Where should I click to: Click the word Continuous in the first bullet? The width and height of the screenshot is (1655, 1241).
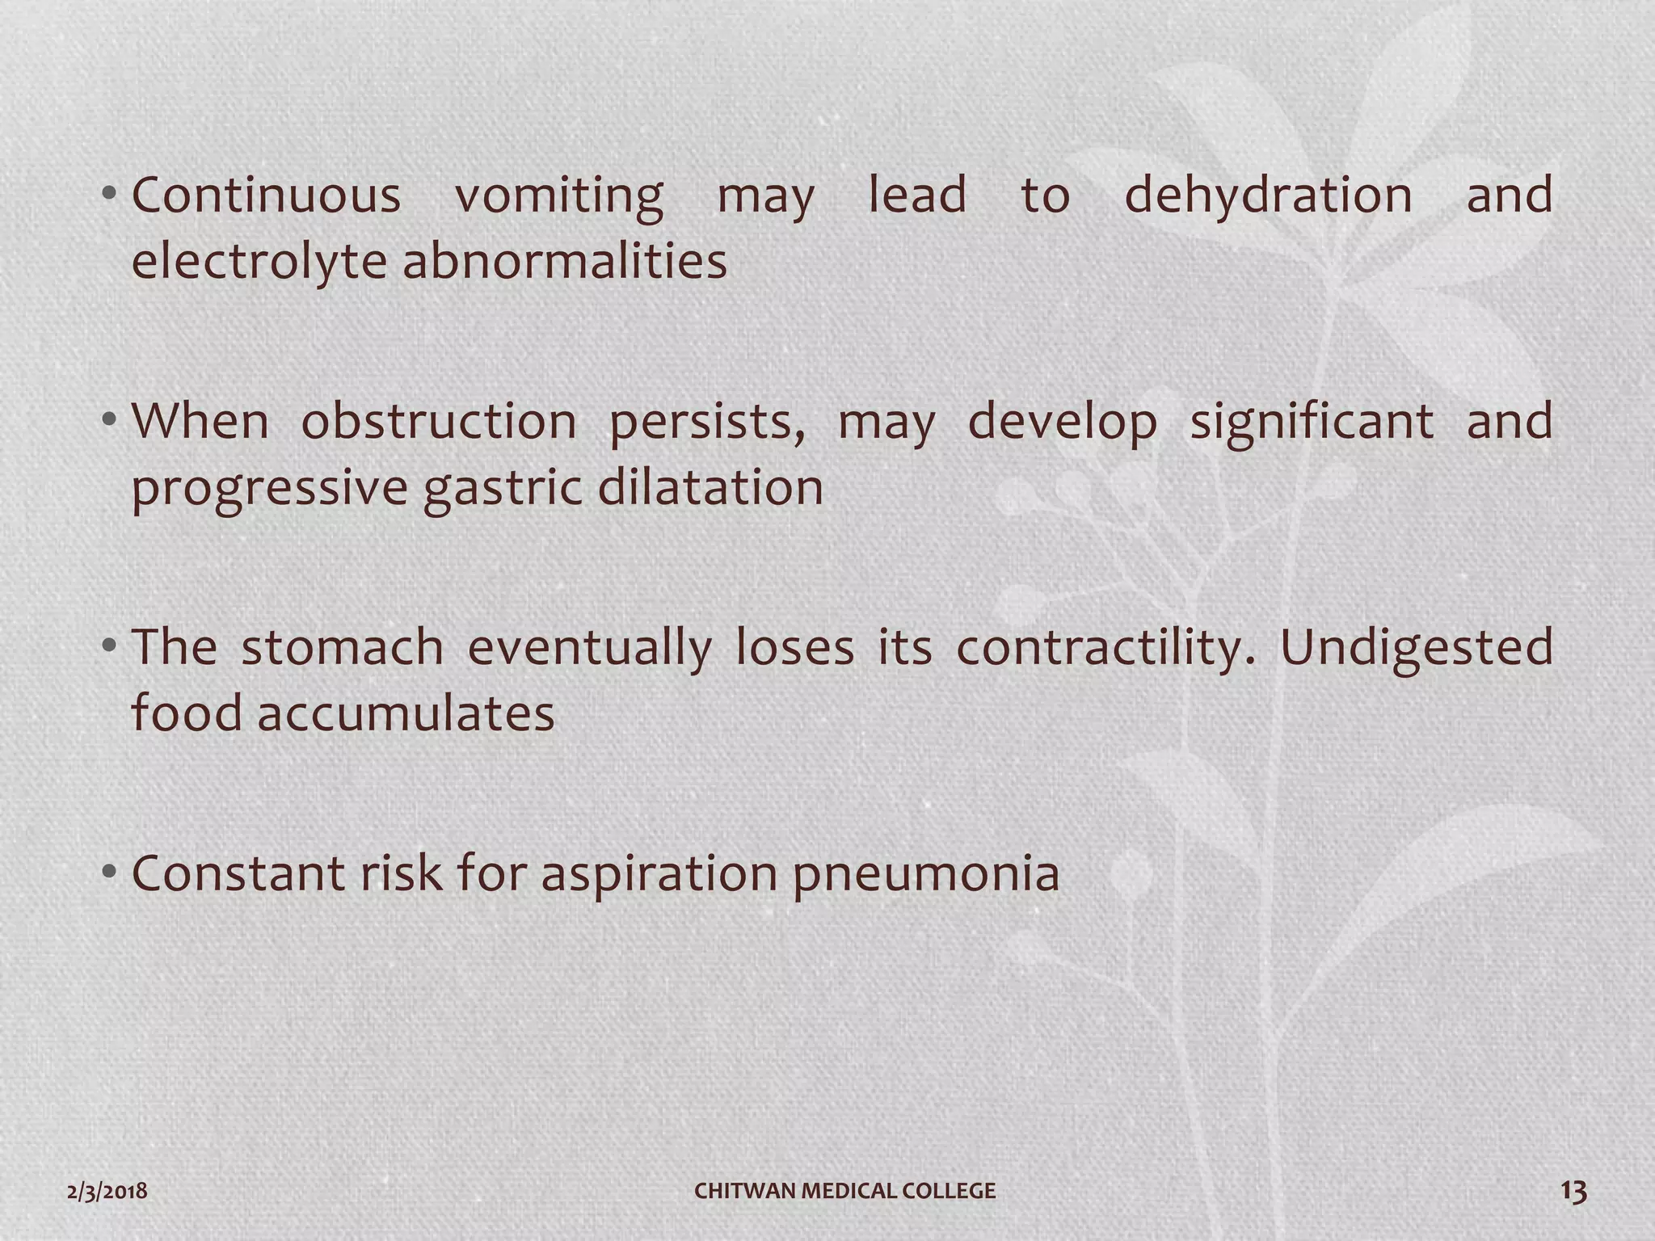[x=266, y=196]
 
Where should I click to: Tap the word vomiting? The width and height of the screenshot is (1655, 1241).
[x=558, y=197]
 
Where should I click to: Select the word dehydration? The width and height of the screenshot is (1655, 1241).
[x=1268, y=196]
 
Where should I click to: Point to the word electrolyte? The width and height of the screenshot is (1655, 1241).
[x=259, y=262]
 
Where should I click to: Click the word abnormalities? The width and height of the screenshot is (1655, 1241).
[x=565, y=262]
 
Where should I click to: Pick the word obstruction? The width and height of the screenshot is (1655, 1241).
[x=439, y=422]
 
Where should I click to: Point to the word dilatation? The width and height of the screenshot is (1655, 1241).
[x=710, y=488]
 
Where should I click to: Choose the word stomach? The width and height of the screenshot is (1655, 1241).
[x=343, y=648]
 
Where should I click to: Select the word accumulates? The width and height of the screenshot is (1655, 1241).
[x=406, y=714]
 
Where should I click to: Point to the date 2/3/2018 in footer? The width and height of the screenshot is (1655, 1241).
[x=107, y=1191]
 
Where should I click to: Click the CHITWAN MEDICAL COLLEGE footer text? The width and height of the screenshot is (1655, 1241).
[x=845, y=1191]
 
